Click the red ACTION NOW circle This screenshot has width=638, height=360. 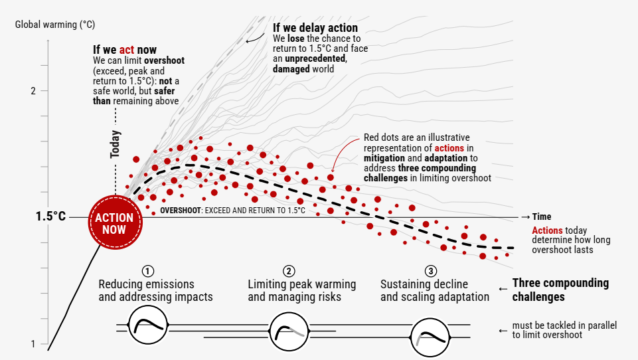coord(115,223)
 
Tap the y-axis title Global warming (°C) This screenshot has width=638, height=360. coord(55,25)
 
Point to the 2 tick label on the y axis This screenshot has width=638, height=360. coord(33,91)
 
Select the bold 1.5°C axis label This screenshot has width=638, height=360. coord(50,217)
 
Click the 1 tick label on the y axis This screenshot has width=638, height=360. coord(33,344)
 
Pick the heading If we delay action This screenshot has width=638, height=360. coord(315,28)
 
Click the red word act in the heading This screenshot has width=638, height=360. coord(127,50)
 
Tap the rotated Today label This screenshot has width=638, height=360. coord(115,144)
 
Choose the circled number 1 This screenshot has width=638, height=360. coord(148,271)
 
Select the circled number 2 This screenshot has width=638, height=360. coord(289,271)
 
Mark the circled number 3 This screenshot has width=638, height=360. coord(430,271)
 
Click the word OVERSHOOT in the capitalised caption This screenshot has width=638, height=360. coord(181,211)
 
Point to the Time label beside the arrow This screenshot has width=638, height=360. coord(542,217)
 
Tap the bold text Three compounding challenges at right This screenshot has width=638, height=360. coord(560,290)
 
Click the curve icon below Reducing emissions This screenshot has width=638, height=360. coord(148,325)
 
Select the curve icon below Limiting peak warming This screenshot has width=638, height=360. coord(289,331)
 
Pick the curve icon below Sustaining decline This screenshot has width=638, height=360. coord(430,337)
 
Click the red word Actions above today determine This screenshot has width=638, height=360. coord(547,230)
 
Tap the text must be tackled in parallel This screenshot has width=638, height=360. coord(564,325)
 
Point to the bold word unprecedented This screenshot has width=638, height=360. coord(316,58)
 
